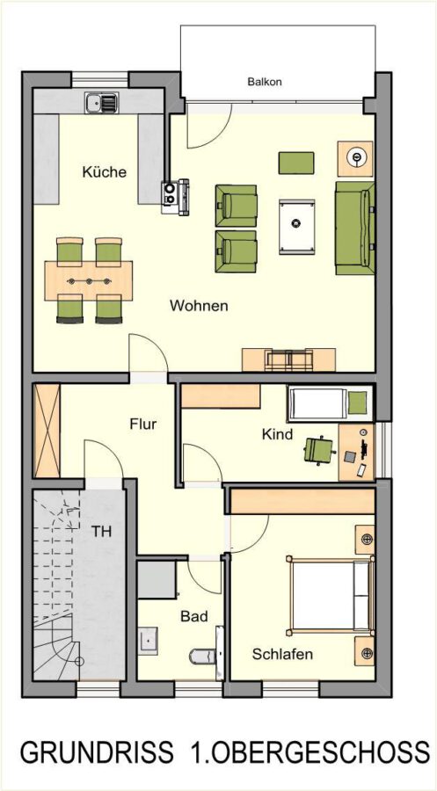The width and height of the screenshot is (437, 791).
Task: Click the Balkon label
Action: pos(265,82)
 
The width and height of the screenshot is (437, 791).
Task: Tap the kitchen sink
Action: pos(101,103)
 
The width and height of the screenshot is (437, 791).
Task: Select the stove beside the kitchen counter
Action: pos(175,197)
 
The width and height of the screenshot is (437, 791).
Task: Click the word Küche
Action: pos(104,172)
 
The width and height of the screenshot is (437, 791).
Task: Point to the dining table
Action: pos(89,280)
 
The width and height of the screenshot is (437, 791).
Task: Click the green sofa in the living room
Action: pos(354,229)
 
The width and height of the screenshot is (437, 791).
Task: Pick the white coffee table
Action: pos(296,227)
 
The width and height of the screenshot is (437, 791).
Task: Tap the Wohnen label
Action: pos(199,306)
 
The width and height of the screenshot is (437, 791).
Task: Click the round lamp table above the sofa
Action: pos(355,158)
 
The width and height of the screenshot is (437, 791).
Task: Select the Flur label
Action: pos(142,424)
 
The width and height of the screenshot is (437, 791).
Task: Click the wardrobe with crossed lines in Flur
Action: pos(47,431)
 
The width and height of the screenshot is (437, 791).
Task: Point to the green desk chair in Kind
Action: pos(319,449)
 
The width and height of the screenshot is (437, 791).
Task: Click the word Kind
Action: pos(277,434)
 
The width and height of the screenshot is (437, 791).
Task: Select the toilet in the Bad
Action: pos(202,656)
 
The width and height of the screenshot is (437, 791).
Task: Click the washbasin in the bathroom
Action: pos(148,640)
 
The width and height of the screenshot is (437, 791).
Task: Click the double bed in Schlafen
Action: pos(331,595)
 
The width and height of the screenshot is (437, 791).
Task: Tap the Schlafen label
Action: pos(282,654)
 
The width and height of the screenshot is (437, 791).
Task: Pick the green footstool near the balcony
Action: pos(296,163)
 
